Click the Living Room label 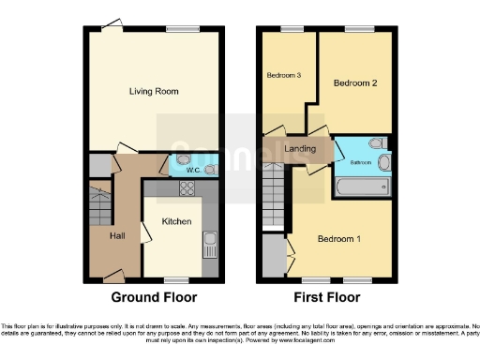pyautogui.click(x=155, y=91)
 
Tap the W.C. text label pyautogui.click(x=191, y=170)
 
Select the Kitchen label pyautogui.click(x=176, y=222)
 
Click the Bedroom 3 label pyautogui.click(x=283, y=76)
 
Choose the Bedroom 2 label pyautogui.click(x=355, y=82)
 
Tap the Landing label pyautogui.click(x=300, y=149)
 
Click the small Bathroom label pyautogui.click(x=361, y=163)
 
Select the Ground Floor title pyautogui.click(x=155, y=297)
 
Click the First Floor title pyautogui.click(x=328, y=297)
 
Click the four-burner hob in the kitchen pyautogui.click(x=186, y=188)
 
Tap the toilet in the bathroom pyautogui.click(x=376, y=143)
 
